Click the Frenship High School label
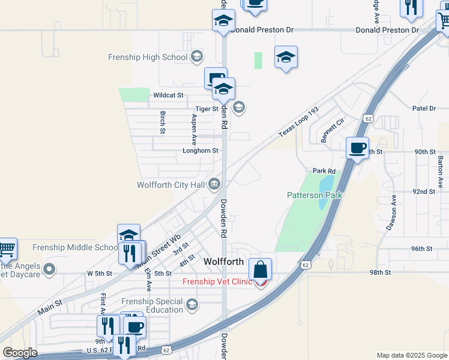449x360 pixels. coord(147,57)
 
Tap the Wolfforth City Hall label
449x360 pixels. coord(172,185)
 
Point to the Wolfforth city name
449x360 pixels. coord(223,262)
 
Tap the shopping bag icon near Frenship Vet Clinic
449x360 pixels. coord(261,269)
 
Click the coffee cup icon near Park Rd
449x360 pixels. coord(358,148)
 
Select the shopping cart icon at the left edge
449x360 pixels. coord(6,249)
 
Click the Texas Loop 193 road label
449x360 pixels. coord(298,122)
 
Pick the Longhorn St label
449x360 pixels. coord(200,151)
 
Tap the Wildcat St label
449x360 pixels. coord(167,95)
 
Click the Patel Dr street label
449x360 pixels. coord(424,109)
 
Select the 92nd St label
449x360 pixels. coord(424,191)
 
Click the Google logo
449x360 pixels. coord(20,353)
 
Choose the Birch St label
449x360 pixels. coord(163,122)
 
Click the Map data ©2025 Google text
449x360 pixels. coord(411,355)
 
